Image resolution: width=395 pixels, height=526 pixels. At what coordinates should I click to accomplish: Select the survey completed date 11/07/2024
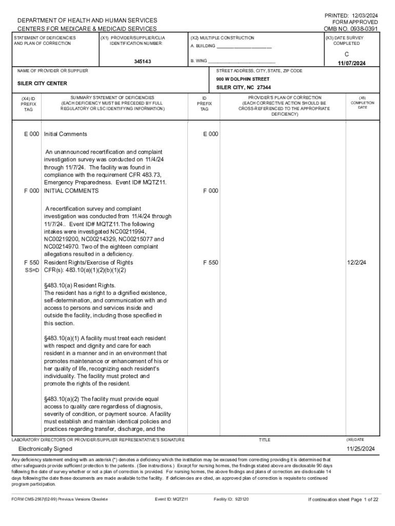point(351,63)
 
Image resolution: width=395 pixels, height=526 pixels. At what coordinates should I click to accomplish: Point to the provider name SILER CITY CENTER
point(42,83)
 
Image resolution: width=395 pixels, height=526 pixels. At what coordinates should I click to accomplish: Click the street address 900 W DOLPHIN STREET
point(243,79)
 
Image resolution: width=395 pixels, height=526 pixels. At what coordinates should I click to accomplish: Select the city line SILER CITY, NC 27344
point(243,87)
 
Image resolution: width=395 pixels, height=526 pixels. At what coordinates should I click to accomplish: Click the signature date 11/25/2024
point(361,448)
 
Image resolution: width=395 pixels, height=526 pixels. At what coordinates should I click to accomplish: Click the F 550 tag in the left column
point(31,262)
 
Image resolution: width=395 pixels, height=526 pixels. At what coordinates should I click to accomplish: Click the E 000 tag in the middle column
point(210,134)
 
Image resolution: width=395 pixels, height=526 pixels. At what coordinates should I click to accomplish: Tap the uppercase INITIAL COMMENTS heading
point(71,191)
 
